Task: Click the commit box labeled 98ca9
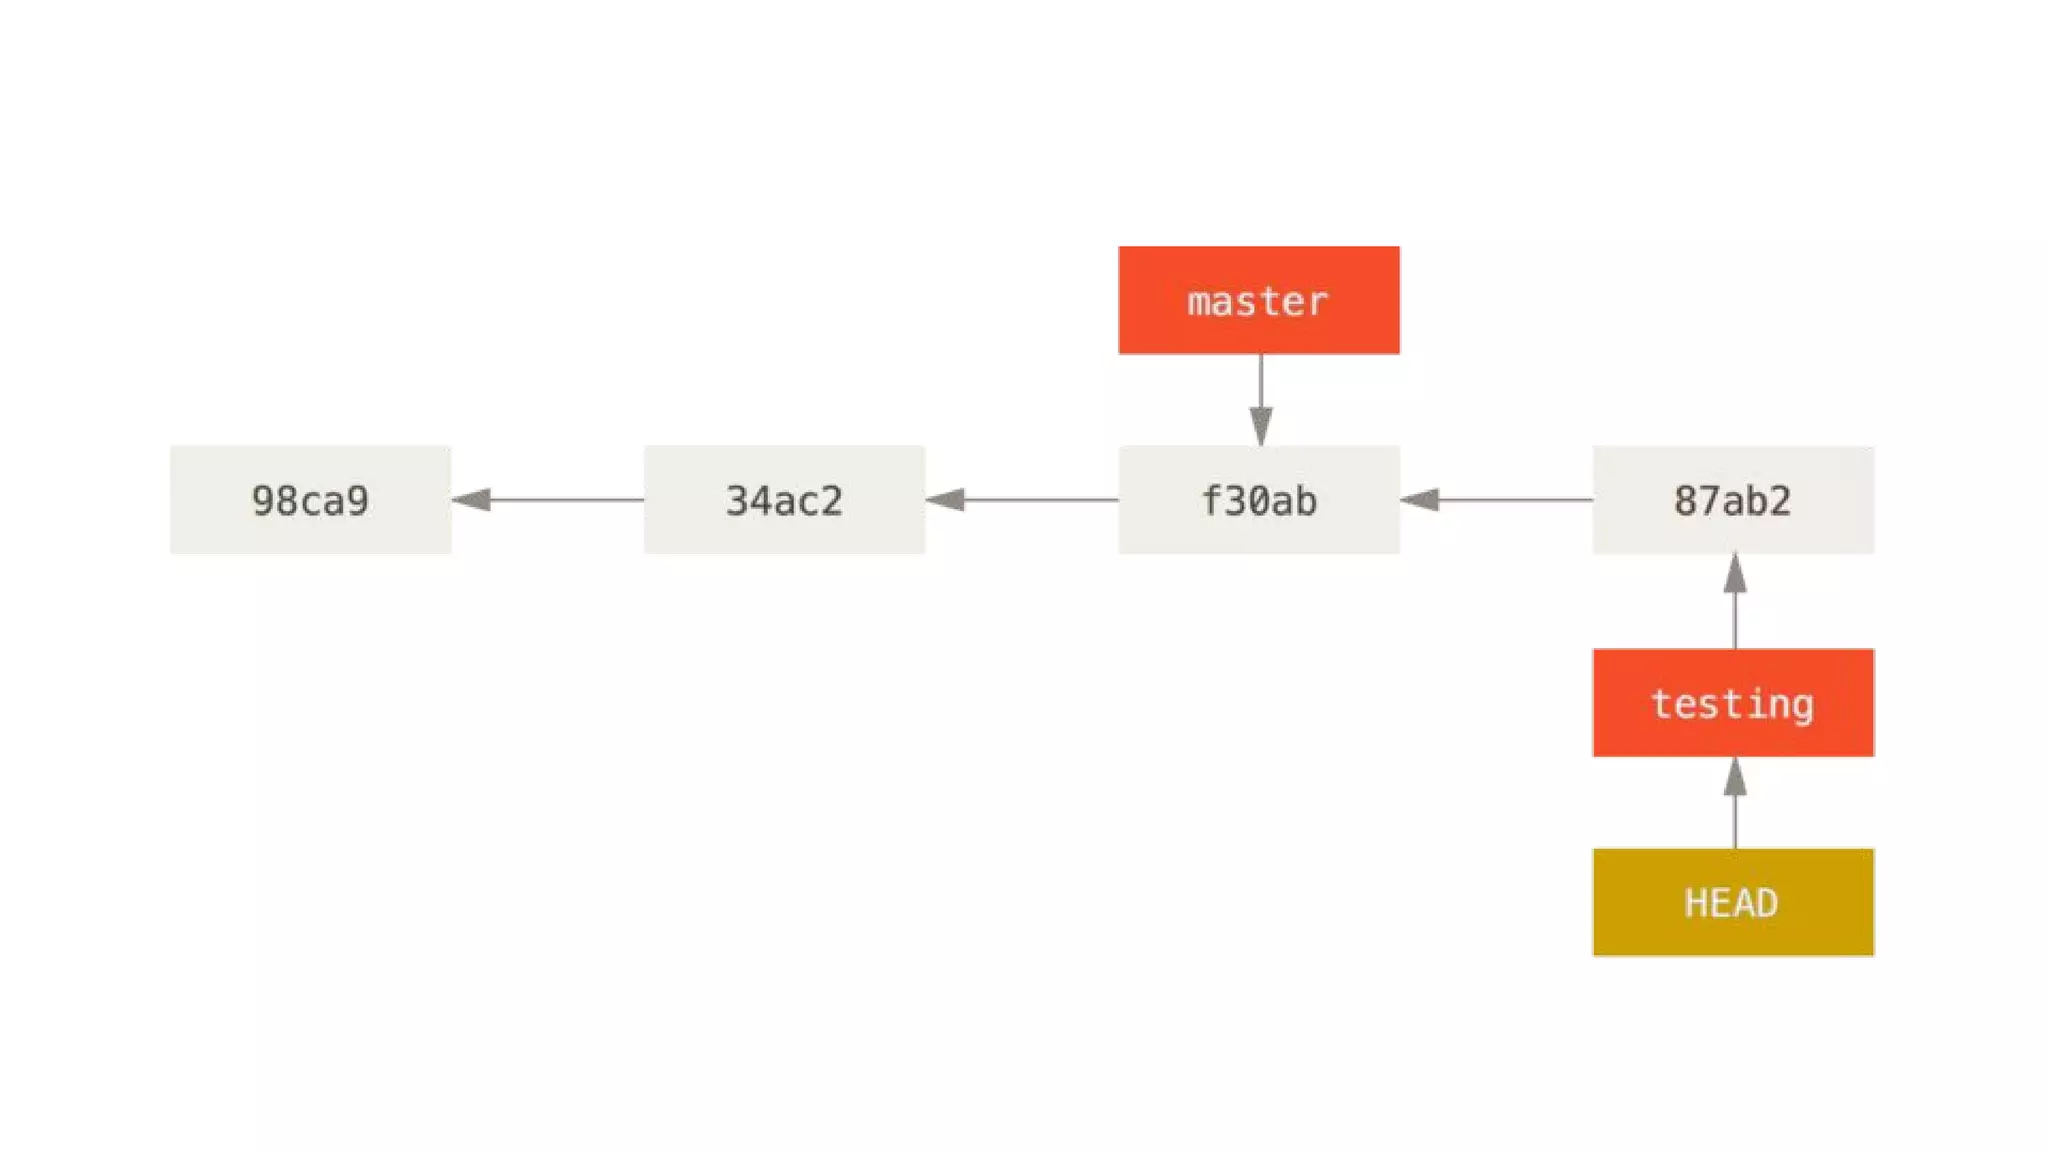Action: (310, 500)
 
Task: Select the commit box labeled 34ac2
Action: (784, 500)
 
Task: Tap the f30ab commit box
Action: (1258, 500)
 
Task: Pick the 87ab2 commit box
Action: (1733, 500)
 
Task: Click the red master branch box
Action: (1258, 300)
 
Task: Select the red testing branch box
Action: (1733, 703)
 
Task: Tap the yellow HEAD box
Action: (1733, 902)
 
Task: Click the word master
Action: (1258, 301)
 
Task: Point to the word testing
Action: (1732, 704)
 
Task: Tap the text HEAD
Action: (1732, 903)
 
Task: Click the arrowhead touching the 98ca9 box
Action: (472, 499)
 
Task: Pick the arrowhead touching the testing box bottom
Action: (1735, 777)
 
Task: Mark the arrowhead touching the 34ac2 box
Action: (946, 499)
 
